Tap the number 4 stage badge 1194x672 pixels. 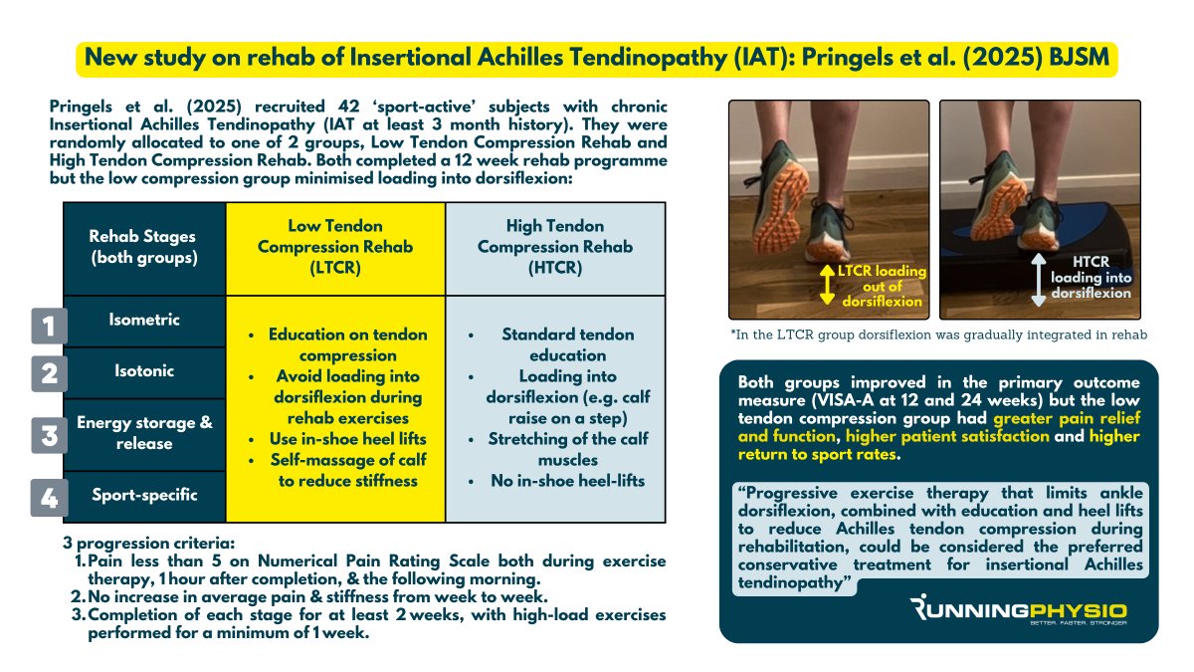(x=48, y=496)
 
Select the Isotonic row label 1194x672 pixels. (x=144, y=371)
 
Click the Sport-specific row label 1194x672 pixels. (x=144, y=495)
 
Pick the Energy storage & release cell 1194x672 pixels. (x=144, y=433)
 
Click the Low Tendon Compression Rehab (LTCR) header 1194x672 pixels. (x=335, y=247)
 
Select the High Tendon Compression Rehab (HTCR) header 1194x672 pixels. (x=554, y=247)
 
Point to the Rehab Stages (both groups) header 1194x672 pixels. (x=144, y=247)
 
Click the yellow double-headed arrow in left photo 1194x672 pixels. (x=825, y=286)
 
